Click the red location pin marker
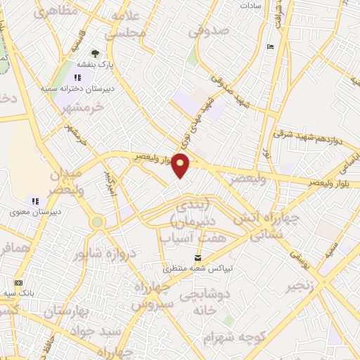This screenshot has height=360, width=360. coord(181,165)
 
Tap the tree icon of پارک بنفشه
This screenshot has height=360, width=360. coord(94,53)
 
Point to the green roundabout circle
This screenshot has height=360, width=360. coord(97,222)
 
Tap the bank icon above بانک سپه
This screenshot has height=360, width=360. coord(18,281)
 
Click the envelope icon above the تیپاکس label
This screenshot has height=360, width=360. coord(198,258)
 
